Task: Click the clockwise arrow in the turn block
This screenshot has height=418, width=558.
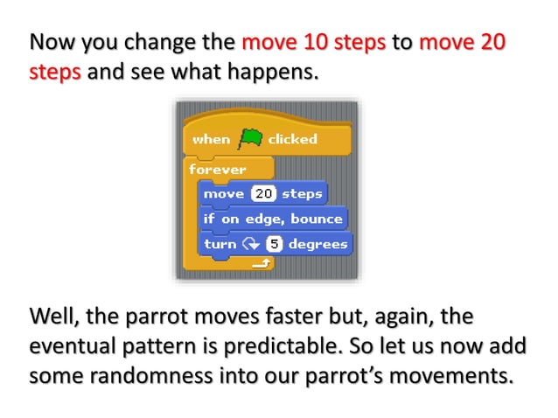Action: click(x=252, y=244)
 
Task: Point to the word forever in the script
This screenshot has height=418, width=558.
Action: click(x=218, y=168)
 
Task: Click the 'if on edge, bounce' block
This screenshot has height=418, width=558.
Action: click(x=273, y=219)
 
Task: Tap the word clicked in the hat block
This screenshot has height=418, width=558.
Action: click(x=292, y=139)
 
